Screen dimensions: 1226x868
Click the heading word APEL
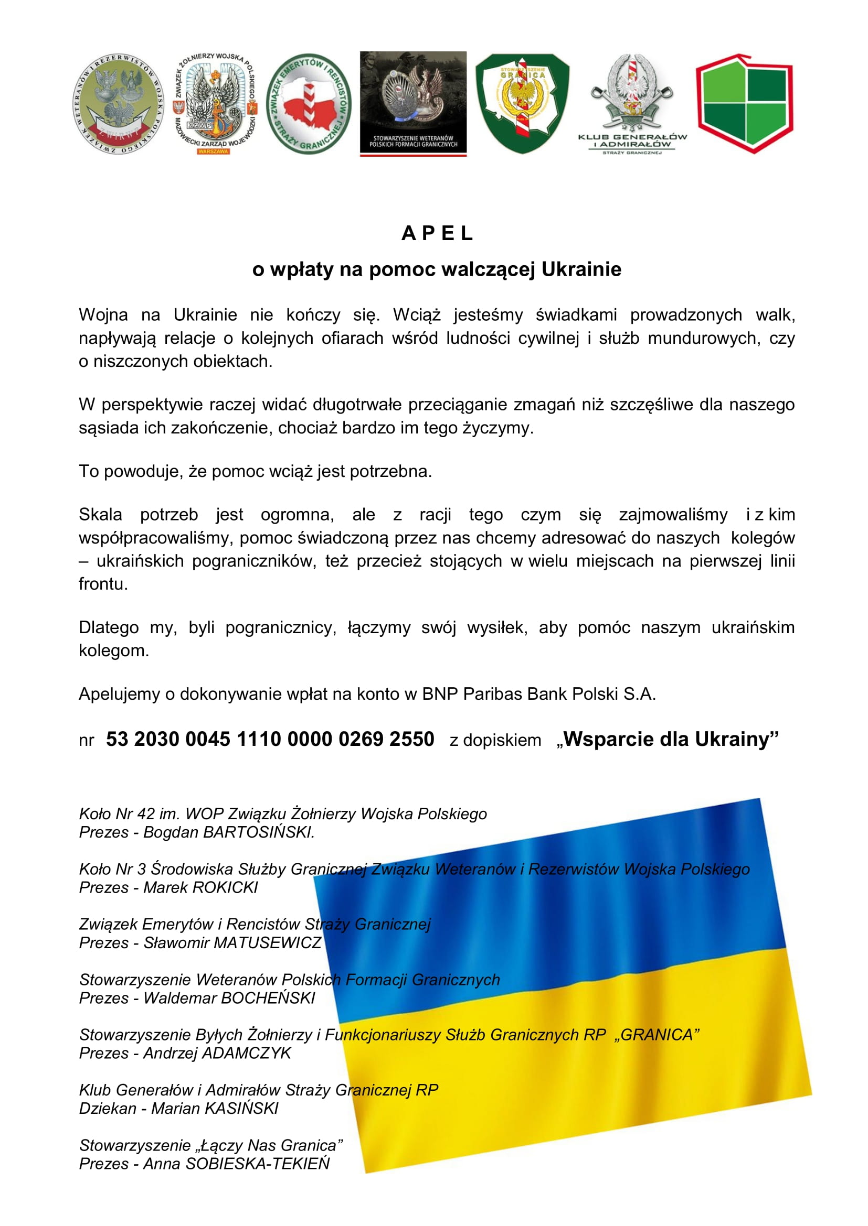(437, 233)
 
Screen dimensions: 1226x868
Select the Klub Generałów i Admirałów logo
(632, 104)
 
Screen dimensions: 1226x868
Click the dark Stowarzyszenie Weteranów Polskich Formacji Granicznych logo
(413, 104)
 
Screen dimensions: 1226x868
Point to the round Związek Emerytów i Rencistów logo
(309, 104)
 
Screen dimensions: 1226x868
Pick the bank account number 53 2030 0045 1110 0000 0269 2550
(270, 740)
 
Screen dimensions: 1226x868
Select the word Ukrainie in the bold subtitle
(581, 269)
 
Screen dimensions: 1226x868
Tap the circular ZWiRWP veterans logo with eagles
(118, 104)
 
